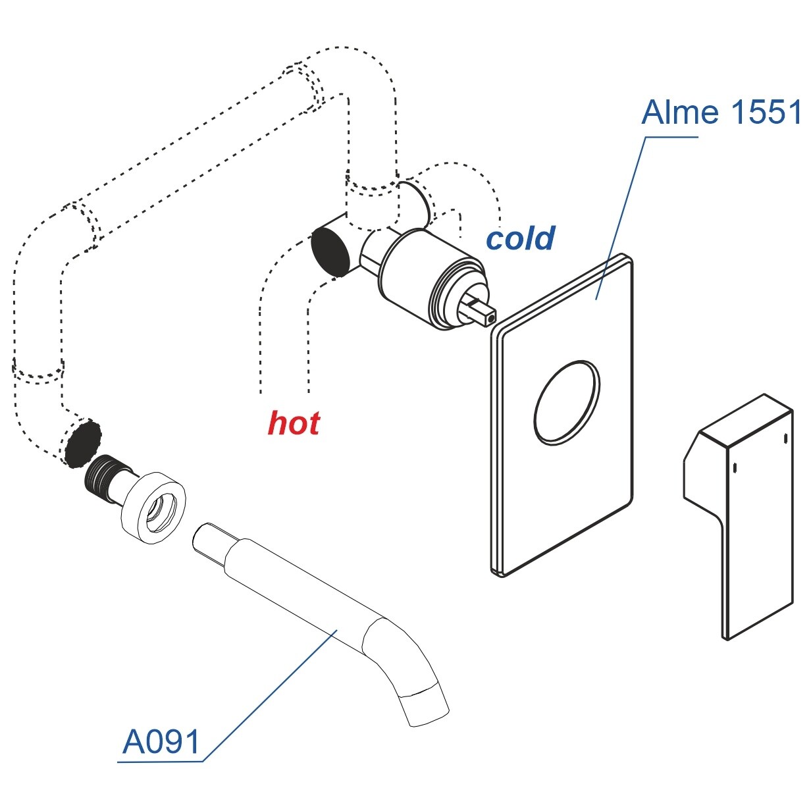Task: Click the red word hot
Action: (x=294, y=423)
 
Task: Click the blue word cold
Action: (x=520, y=238)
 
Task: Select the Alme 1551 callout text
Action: (x=720, y=113)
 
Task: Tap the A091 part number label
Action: (x=161, y=742)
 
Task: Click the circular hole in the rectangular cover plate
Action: (x=567, y=401)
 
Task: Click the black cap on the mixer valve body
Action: (x=330, y=250)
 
